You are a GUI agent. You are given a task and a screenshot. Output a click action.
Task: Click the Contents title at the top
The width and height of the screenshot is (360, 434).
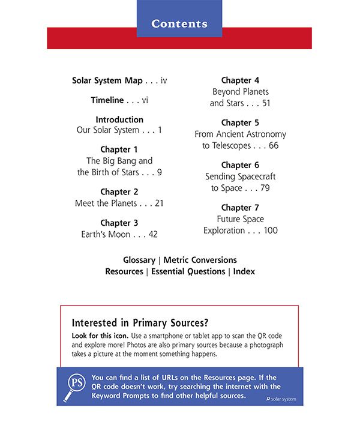click(179, 24)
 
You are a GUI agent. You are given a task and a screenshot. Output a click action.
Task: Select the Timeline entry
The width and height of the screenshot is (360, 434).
click(107, 100)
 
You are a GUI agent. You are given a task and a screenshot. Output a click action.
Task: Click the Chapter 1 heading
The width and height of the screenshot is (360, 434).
click(119, 149)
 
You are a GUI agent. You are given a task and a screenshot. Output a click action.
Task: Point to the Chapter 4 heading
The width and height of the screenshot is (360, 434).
click(240, 80)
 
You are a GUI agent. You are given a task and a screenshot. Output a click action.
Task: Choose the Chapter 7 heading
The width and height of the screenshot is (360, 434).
click(240, 208)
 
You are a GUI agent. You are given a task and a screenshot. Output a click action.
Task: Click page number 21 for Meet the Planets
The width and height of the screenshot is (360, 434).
click(159, 203)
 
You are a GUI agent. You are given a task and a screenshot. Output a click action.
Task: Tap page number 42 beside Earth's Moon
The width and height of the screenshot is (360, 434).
click(152, 235)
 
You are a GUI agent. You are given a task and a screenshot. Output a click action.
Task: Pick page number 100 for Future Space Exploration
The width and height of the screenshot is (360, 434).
click(271, 231)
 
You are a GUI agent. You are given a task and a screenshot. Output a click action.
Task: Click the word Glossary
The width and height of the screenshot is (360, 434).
click(139, 260)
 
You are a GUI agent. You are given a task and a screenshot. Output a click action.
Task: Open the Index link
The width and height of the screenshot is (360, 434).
click(244, 271)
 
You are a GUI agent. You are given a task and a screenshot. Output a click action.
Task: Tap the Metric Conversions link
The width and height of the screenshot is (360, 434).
click(200, 260)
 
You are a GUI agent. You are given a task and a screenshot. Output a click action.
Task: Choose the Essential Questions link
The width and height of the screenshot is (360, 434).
click(188, 271)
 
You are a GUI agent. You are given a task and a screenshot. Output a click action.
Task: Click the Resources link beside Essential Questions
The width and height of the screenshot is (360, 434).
click(124, 271)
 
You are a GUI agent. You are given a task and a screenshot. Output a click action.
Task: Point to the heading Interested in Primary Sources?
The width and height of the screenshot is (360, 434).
click(144, 322)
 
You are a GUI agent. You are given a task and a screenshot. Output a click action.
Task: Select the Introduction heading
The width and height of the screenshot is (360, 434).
click(119, 119)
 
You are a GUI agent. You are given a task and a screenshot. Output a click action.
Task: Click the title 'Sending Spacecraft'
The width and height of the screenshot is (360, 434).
click(240, 177)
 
